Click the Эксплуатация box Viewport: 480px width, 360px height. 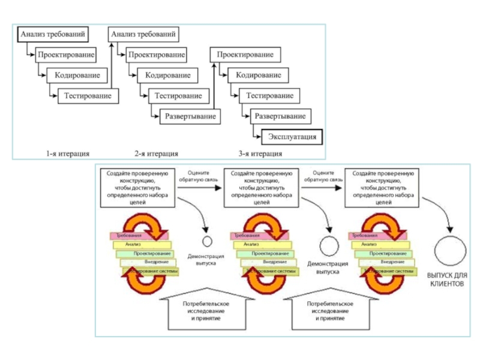291,137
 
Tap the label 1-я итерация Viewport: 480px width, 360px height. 70,152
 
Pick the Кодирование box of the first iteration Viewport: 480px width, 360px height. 81,76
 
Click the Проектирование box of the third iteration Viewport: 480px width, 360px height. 245,55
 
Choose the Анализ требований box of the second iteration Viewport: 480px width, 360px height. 146,35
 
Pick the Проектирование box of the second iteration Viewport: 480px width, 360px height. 155,55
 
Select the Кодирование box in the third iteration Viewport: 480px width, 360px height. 257,76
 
